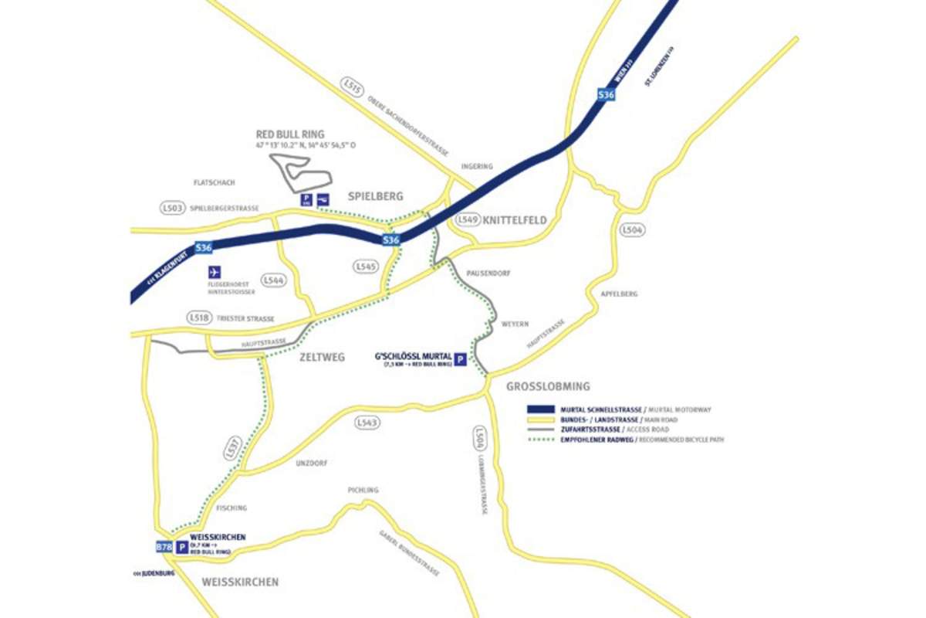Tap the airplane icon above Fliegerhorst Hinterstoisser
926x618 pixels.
[x=214, y=272]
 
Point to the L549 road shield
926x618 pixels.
[x=468, y=220]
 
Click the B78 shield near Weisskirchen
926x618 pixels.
[x=164, y=547]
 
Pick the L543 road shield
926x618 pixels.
[x=367, y=423]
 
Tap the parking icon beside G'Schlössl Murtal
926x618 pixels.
[x=460, y=359]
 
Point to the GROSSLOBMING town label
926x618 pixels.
[x=548, y=386]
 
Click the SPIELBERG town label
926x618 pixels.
[x=376, y=197]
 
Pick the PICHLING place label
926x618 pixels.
[x=363, y=490]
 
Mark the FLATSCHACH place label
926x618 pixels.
[x=215, y=183]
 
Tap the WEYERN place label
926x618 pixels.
[x=515, y=324]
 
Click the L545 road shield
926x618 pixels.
[x=366, y=266]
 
